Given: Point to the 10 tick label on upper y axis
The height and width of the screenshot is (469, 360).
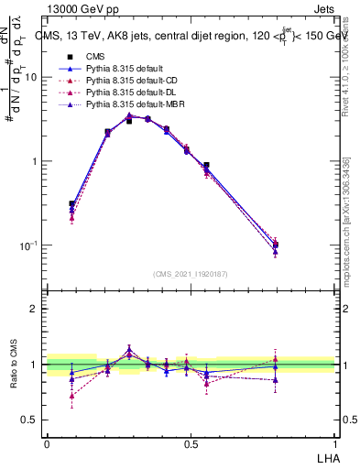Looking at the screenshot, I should (30, 77).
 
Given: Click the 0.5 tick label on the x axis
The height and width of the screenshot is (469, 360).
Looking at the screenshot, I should (191, 443).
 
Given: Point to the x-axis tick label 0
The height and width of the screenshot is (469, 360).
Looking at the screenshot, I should (47, 443).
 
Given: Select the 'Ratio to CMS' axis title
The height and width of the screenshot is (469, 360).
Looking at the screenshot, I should (13, 365).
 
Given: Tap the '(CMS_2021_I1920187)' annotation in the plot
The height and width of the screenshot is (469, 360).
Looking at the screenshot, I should (191, 273).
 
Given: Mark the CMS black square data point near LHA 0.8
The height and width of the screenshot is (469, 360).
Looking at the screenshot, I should (276, 245).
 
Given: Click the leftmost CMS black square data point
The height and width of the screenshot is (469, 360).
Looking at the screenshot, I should (71, 204).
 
